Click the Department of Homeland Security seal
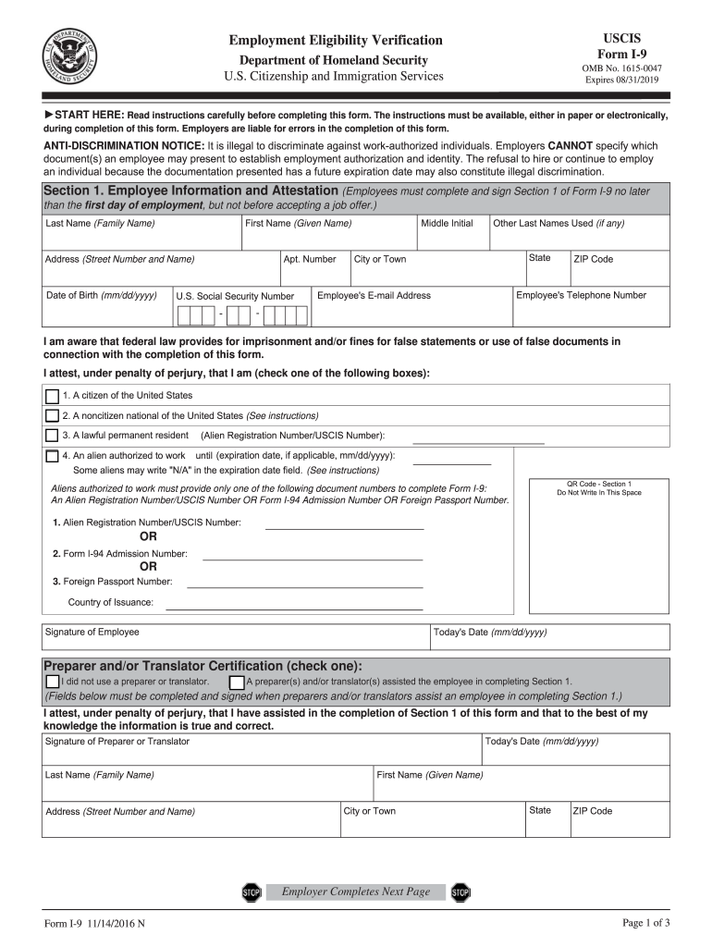69,55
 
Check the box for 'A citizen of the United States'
52,396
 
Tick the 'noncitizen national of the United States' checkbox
52,415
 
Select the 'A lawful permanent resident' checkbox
52,435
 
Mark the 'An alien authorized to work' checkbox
52,456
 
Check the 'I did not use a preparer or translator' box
52,682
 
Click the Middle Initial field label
447,224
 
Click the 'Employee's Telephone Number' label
581,296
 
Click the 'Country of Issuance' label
111,603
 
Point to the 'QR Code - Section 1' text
599,484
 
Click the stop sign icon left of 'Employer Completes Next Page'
252,892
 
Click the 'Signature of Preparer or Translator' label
117,742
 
